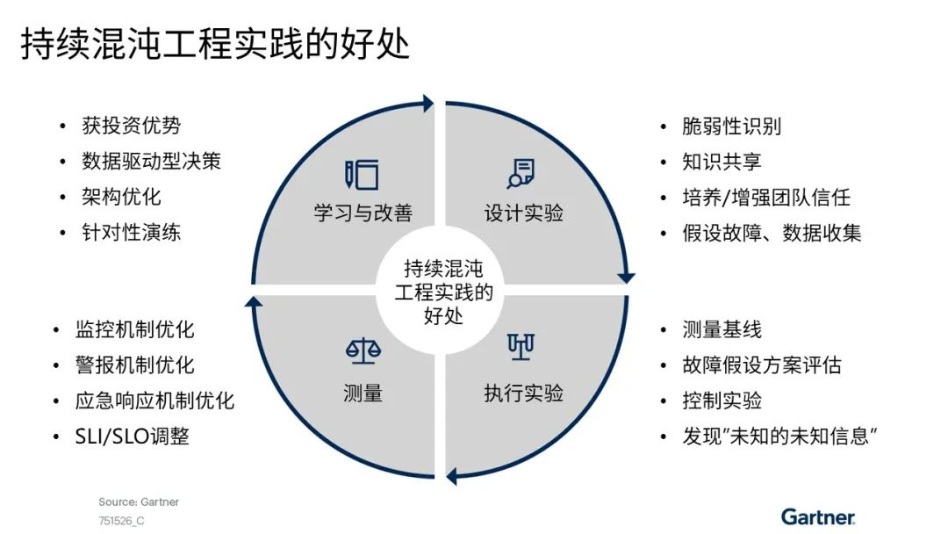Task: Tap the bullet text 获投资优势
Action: coord(131,126)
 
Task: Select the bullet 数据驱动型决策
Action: coord(151,162)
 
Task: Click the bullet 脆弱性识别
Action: coord(731,126)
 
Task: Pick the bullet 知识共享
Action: coord(722,162)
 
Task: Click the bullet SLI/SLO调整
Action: coord(132,437)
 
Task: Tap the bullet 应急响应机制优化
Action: coord(154,401)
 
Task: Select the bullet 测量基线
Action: coord(722,330)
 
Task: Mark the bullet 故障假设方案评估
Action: coord(761,365)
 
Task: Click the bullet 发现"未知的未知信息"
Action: coord(780,437)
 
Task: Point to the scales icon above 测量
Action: coord(363,351)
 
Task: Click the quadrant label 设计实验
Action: coord(523,213)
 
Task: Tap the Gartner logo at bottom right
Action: coord(817,516)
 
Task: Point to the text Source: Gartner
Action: coord(139,502)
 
